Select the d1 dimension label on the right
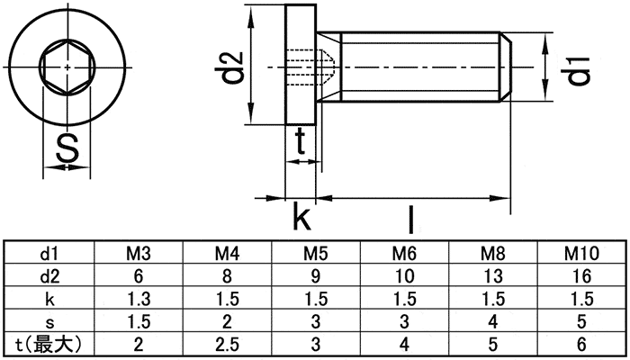click(x=578, y=69)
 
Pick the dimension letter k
click(x=301, y=219)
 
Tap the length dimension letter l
click(x=409, y=219)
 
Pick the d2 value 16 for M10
click(x=581, y=275)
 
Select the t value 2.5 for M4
click(x=228, y=343)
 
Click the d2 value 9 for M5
click(x=316, y=275)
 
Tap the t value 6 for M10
click(x=581, y=343)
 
